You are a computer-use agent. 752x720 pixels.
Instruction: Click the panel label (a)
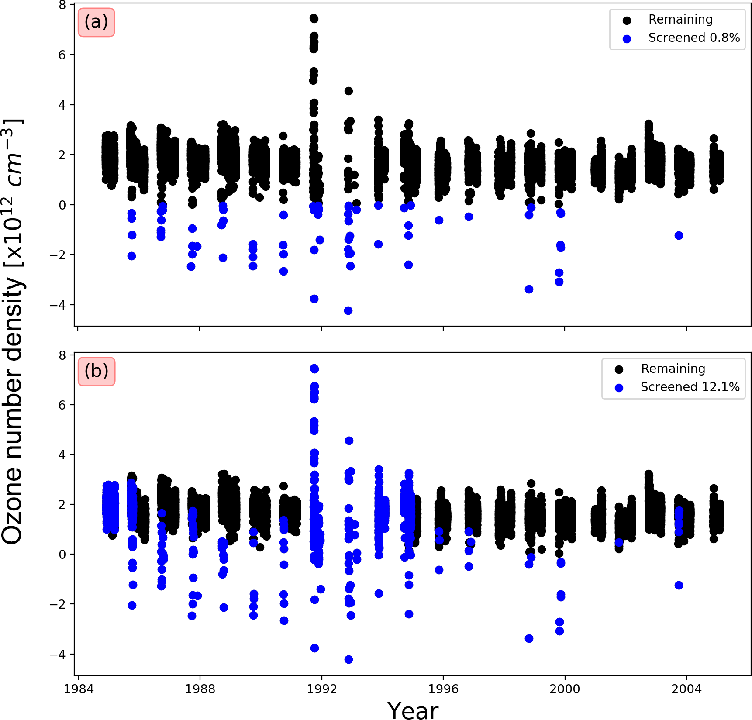tap(96, 22)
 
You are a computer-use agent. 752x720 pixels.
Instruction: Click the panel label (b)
tap(96, 371)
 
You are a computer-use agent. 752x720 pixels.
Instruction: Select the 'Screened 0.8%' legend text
tap(694, 38)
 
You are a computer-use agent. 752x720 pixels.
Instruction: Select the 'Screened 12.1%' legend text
tap(690, 387)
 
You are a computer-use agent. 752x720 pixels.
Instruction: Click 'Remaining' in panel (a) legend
tap(680, 20)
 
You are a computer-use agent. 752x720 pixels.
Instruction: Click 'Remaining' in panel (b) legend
tap(673, 369)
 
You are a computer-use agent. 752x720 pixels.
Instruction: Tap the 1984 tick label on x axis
tap(79, 689)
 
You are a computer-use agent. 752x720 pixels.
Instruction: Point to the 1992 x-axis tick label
tap(322, 689)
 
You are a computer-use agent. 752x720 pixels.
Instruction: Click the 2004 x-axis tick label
tap(686, 689)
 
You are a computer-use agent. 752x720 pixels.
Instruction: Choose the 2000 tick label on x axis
tap(565, 689)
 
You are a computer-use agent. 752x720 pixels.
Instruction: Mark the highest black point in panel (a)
tap(314, 18)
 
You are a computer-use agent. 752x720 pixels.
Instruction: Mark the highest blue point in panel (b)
tap(314, 369)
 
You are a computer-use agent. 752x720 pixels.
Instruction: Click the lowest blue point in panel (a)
tap(348, 310)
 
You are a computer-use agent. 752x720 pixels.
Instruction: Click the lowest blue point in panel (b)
tap(348, 659)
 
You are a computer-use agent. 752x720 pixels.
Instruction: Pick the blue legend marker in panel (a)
tap(627, 39)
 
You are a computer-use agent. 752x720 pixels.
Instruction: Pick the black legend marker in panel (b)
tap(619, 369)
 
